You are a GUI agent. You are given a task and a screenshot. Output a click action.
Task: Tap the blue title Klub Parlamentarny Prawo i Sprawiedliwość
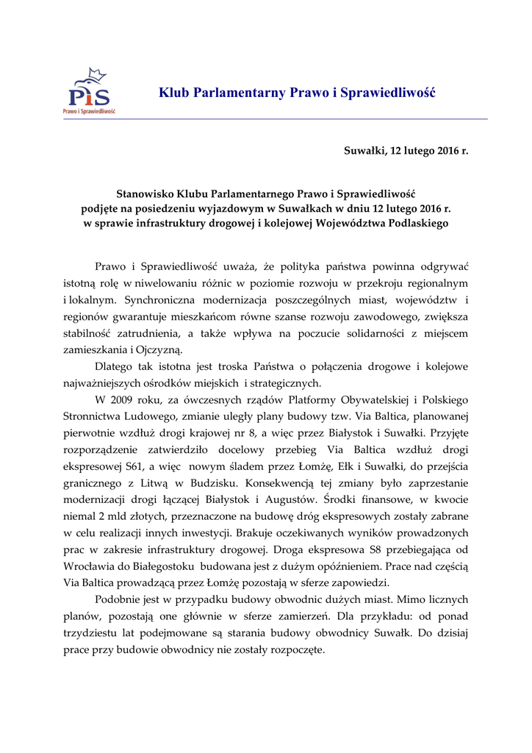click(297, 93)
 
